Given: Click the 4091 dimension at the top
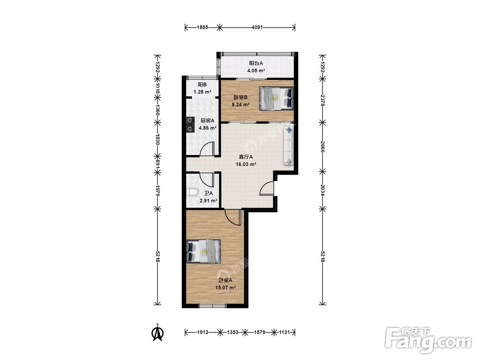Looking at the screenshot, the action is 257,27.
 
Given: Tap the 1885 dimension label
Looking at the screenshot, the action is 203,27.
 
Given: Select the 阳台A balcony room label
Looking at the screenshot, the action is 256,63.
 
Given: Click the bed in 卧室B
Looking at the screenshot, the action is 276,98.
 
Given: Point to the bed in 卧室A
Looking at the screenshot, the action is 204,252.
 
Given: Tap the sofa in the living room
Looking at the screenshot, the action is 288,146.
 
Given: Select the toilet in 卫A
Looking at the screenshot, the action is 192,192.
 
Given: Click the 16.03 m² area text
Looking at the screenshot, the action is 246,164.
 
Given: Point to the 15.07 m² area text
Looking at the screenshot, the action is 225,288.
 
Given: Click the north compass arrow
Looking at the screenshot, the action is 158,333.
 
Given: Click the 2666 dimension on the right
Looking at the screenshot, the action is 322,146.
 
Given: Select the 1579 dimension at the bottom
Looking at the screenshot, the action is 260,332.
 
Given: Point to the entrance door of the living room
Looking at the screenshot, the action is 267,188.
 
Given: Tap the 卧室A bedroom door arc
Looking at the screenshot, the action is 231,218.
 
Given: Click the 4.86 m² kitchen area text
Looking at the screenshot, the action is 208,128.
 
